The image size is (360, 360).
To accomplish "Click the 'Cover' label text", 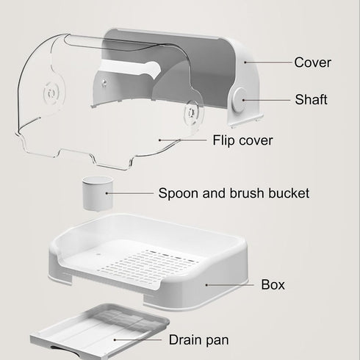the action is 312,62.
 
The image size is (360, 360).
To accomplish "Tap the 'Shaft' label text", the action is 311,100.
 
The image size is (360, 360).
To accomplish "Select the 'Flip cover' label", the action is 242,140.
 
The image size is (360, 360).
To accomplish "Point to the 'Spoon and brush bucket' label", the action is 234,193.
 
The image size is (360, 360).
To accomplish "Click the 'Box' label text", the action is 273,284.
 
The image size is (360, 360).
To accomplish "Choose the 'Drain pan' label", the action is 198,340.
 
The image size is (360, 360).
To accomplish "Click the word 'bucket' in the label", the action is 289,193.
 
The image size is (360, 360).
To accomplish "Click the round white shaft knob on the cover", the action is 240,100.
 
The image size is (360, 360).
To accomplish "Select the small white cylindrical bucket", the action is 98,193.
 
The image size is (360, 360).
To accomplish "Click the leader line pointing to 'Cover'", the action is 268,62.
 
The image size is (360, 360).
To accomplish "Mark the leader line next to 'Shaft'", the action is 267,100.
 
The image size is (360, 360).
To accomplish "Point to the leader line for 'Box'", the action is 230,285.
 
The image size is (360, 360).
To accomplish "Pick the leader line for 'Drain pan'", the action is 138,339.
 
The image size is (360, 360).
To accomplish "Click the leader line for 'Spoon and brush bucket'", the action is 130,193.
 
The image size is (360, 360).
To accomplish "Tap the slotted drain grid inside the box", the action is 148,265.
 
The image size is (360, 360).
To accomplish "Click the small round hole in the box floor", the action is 99,254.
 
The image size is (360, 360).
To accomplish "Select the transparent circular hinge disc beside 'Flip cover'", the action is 193,112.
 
